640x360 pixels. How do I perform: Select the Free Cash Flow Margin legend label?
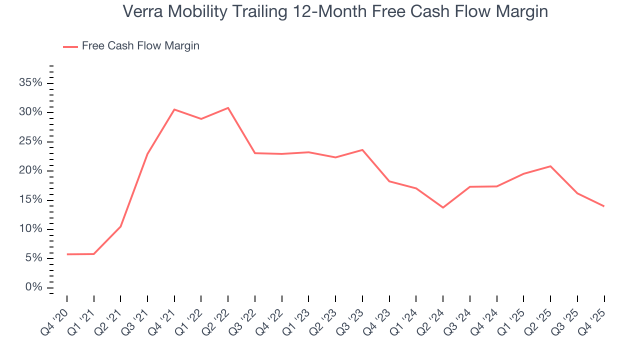140,46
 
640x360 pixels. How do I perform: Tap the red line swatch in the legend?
70,46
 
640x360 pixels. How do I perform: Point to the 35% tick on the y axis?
31,83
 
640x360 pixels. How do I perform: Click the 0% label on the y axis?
33,287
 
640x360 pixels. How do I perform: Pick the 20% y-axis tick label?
31,170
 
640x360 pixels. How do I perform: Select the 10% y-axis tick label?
31,229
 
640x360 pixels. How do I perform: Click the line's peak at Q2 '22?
228,107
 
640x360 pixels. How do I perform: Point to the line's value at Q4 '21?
174,109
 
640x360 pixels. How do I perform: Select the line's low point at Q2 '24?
443,207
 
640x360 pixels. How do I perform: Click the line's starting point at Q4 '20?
67,254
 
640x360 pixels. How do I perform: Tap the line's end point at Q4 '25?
604,206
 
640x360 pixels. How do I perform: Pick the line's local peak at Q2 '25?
550,166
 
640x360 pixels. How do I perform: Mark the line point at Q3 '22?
254,153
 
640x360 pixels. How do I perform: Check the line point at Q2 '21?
120,226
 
